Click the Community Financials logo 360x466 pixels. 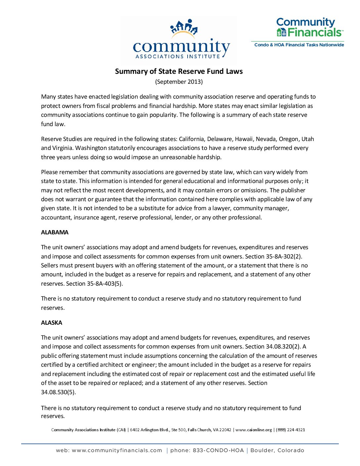click(309, 28)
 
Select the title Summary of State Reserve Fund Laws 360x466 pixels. click(179, 71)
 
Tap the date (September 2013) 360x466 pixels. click(179, 82)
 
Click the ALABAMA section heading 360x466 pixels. click(55, 232)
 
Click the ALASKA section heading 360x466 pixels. click(52, 323)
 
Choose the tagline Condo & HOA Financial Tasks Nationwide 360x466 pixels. click(299, 45)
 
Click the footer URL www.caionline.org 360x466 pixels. click(253, 430)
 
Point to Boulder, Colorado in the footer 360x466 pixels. click(277, 450)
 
